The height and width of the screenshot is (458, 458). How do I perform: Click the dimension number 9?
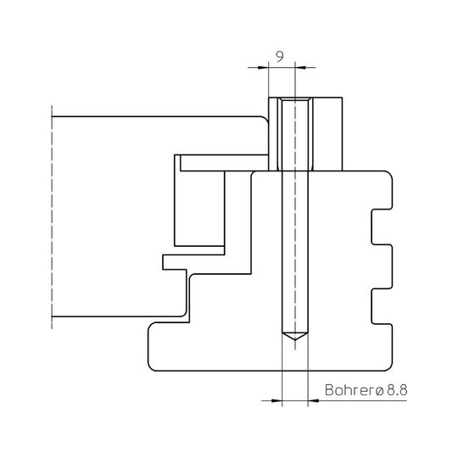pos(280,56)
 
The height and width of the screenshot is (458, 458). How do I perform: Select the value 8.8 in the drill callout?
pos(397,390)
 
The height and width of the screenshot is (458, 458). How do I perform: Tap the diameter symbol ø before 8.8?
pos(379,391)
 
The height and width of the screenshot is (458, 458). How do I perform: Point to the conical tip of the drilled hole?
pos(295,337)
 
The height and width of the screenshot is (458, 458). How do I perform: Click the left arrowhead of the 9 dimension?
pos(263,68)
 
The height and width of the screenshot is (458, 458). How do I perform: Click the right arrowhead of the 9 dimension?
pos(300,68)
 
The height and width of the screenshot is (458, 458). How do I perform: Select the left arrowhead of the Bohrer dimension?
pos(276,400)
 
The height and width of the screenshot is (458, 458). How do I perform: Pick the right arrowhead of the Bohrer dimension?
pos(313,400)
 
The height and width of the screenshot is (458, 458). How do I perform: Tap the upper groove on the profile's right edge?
pos(382,227)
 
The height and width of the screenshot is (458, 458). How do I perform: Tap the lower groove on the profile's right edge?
pos(382,306)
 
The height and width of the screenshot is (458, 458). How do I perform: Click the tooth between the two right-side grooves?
pos(383,266)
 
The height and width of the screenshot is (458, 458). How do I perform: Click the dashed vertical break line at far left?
pos(52,217)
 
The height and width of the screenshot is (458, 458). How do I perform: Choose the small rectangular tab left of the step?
pos(175,262)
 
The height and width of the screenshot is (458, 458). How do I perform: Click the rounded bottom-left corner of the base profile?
pos(151,367)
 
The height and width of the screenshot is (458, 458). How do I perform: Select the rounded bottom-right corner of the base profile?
pos(389,367)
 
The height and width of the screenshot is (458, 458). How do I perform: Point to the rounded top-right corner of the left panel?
pos(265,120)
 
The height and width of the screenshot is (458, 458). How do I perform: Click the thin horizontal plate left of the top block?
pos(224,163)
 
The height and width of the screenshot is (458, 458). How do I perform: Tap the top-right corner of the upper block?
pos(342,98)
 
